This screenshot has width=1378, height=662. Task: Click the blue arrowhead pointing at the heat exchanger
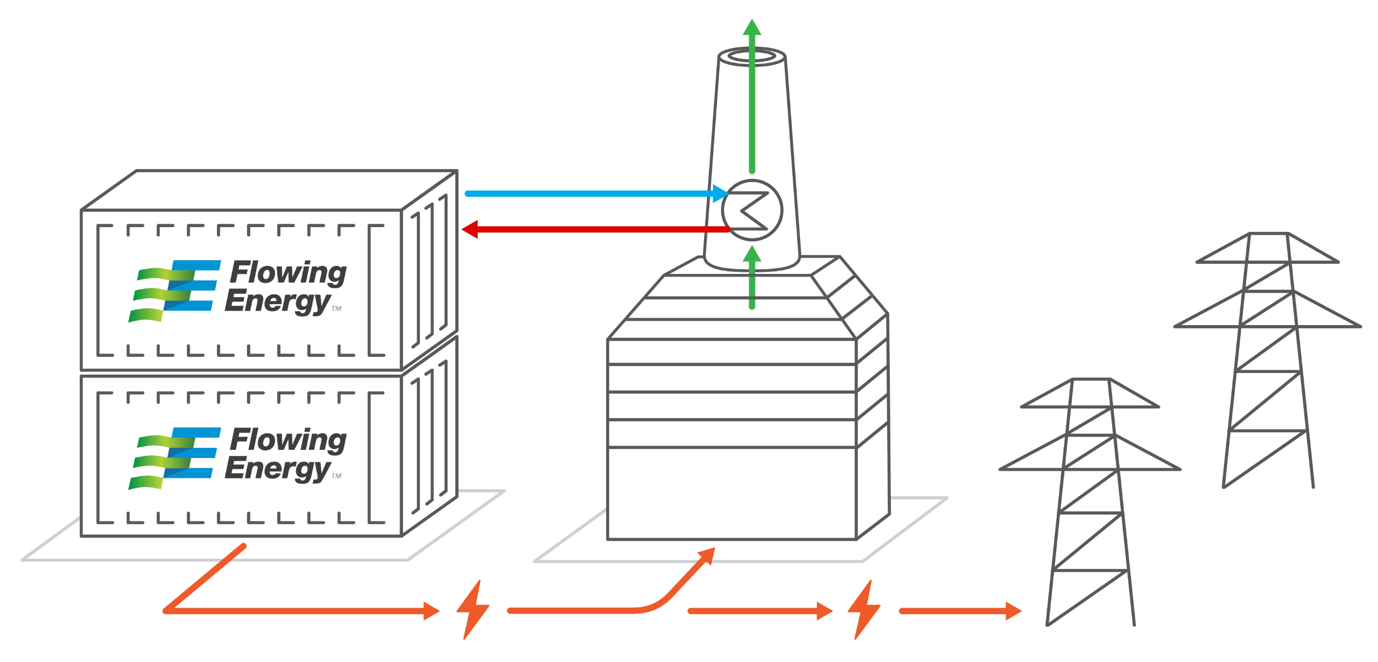[x=720, y=194]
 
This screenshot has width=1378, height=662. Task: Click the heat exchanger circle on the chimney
[x=752, y=210]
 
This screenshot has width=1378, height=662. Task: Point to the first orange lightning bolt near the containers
[x=473, y=610]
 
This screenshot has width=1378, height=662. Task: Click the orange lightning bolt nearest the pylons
[x=863, y=610]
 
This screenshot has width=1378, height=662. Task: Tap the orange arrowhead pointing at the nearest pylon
[x=1014, y=611]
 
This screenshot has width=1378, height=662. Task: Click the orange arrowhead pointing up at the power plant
[x=707, y=556]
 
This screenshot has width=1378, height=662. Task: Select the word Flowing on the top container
[x=289, y=273]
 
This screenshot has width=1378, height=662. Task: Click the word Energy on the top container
[x=277, y=301]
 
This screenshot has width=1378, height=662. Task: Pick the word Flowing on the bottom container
[x=289, y=440]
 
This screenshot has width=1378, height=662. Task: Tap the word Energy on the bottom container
[x=277, y=469]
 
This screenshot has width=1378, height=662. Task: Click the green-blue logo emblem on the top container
[x=175, y=291]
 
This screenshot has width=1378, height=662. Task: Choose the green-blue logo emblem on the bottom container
[x=175, y=458]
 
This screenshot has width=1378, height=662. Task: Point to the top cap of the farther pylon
[x=1268, y=235]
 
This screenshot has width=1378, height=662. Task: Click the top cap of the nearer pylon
[x=1091, y=381]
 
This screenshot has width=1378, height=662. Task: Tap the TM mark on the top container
[x=337, y=309]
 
